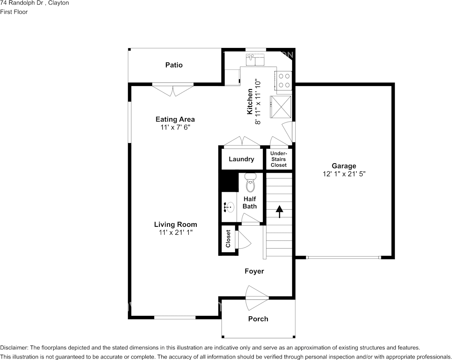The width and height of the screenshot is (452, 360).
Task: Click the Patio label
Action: coord(174,65)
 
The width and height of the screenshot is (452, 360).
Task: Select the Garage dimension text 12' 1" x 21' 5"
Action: coord(344,174)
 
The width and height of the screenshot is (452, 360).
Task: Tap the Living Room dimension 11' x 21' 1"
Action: coord(176,233)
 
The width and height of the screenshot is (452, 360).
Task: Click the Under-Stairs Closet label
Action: coord(279,159)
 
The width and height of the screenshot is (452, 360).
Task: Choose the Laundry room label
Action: coord(241,159)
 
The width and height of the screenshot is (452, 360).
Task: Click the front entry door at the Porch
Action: coord(257,297)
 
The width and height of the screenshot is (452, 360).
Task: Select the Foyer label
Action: coord(254,271)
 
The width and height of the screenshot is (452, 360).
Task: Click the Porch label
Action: coord(258,319)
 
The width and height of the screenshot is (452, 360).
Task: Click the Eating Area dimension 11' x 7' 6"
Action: coord(175,127)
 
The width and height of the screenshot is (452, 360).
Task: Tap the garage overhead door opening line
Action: coord(344,258)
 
